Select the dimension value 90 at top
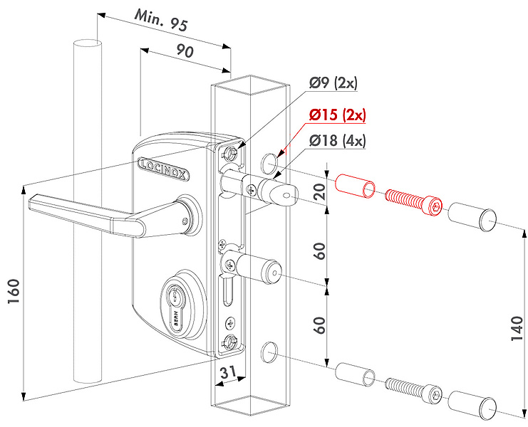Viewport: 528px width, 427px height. (184, 52)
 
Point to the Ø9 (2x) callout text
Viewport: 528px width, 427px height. (333, 83)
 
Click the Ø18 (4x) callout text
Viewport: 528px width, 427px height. (337, 140)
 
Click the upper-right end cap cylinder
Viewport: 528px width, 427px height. (473, 216)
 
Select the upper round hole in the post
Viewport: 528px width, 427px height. (269, 164)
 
